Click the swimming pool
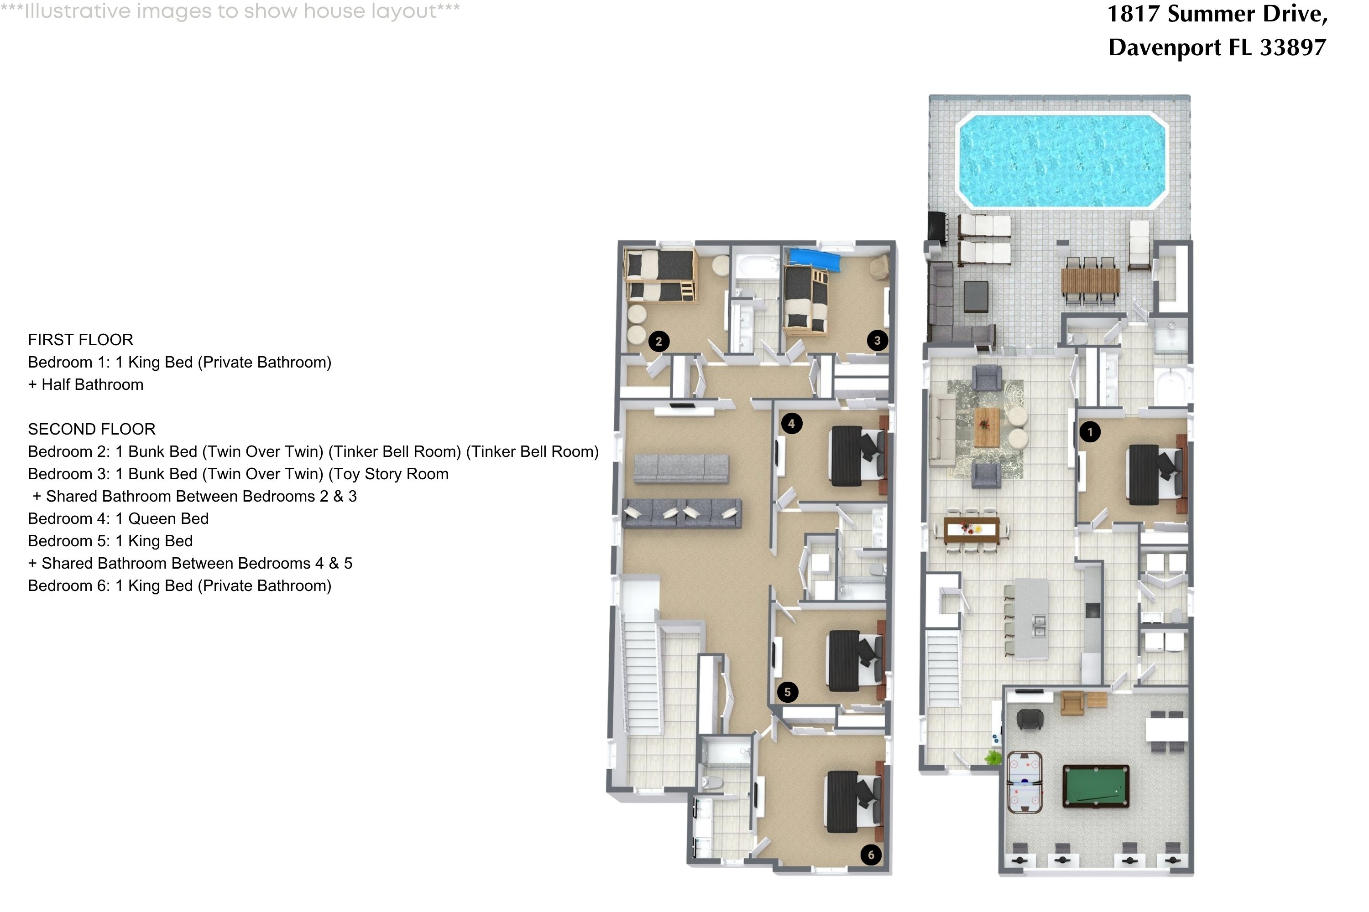click(1063, 161)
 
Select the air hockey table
click(1024, 782)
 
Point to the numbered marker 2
click(658, 342)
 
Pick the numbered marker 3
click(877, 341)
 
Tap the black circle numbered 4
click(791, 424)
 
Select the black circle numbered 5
click(788, 692)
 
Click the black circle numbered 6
click(871, 855)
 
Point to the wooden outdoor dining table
click(1090, 281)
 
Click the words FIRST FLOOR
click(80, 340)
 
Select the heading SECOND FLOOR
click(91, 429)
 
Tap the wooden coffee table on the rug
click(987, 427)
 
